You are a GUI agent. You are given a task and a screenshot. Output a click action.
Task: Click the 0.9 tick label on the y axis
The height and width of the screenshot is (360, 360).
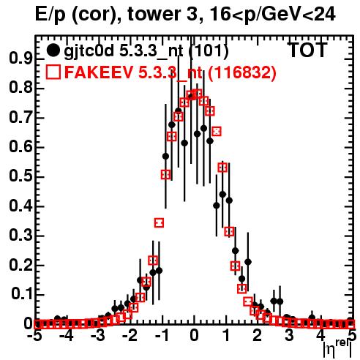[20, 59]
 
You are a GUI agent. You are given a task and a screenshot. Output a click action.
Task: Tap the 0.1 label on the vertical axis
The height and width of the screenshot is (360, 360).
[21, 294]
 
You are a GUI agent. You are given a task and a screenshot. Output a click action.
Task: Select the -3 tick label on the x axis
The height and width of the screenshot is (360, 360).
[97, 336]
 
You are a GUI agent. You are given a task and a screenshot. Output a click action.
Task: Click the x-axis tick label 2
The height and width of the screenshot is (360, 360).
[258, 336]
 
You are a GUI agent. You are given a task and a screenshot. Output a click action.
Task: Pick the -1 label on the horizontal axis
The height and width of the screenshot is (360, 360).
[162, 336]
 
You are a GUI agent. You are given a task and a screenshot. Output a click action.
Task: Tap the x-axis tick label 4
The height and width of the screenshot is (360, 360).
[321, 336]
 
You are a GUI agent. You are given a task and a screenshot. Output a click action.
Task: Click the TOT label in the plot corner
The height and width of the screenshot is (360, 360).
[308, 50]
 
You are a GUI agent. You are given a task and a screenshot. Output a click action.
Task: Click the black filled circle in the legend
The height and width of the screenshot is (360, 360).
[53, 50]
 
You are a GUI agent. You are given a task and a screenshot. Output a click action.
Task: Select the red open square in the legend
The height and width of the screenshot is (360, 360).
[53, 72]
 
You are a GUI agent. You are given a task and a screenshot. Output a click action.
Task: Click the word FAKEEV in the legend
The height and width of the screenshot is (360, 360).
[99, 72]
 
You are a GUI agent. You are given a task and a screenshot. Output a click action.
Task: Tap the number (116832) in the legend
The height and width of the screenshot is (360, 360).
[242, 72]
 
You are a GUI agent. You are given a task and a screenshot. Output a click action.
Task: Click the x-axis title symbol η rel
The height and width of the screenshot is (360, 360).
[338, 349]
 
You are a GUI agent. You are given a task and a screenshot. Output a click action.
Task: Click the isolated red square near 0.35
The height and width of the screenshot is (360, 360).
[159, 222]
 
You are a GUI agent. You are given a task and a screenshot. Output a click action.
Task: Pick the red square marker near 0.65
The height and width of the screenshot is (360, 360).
[217, 132]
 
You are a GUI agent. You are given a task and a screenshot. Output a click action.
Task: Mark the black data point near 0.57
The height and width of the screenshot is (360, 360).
[166, 157]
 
